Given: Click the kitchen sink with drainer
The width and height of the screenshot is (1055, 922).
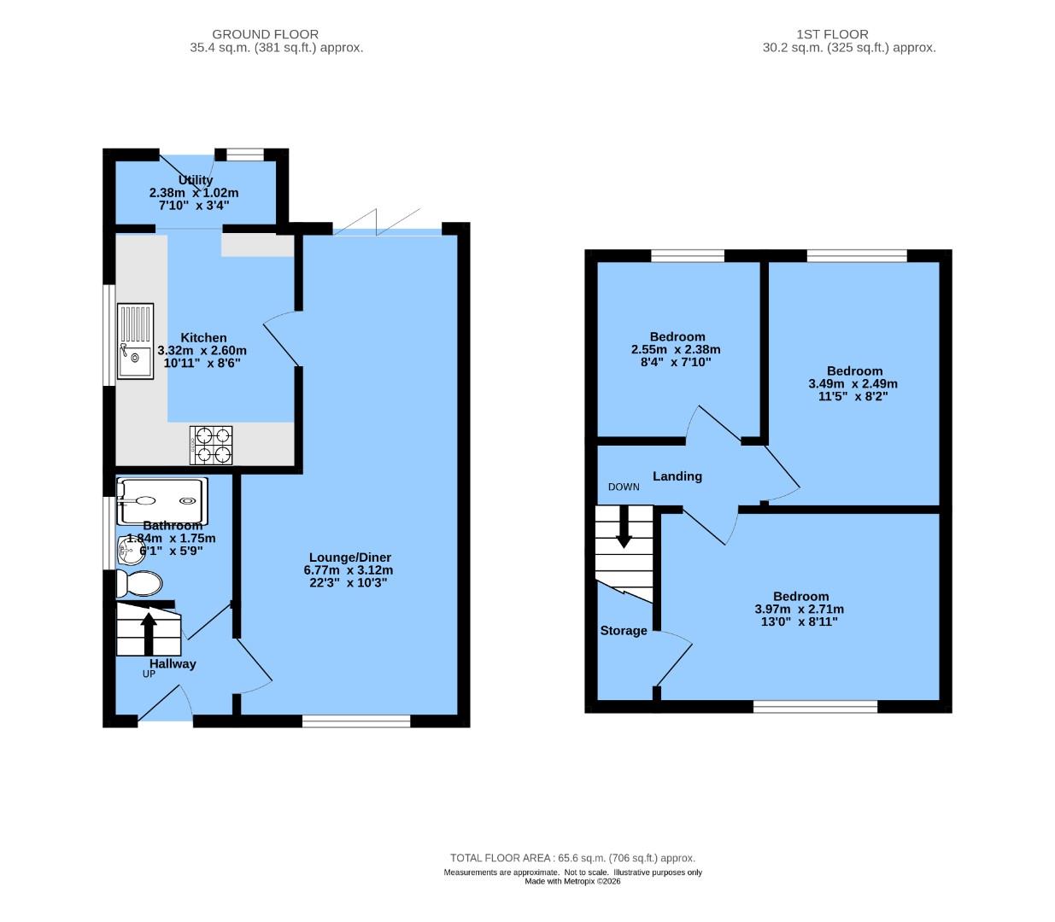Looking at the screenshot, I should click(x=135, y=341).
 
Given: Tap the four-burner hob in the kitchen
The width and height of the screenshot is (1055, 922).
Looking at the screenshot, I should click(x=212, y=445).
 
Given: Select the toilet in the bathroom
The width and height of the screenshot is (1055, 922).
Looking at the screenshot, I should click(x=138, y=585).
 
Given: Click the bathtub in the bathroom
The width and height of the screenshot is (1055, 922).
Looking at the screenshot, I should click(x=161, y=501).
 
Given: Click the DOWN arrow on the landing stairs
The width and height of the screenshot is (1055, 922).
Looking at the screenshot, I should click(x=624, y=527).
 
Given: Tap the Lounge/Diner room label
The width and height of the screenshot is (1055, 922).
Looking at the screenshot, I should click(x=349, y=557).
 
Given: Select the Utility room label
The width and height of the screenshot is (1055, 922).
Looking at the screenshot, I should click(x=196, y=180).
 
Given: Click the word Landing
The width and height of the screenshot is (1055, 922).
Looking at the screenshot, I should click(x=677, y=476).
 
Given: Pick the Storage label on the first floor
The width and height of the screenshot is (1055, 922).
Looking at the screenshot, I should click(x=624, y=631).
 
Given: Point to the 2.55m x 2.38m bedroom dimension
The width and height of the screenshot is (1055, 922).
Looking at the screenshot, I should click(x=676, y=349).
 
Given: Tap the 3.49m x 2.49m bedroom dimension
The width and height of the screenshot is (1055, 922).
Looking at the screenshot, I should click(x=853, y=384).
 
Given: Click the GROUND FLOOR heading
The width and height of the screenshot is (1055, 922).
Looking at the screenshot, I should click(x=265, y=34).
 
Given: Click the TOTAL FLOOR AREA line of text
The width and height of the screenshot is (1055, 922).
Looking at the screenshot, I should click(x=572, y=858).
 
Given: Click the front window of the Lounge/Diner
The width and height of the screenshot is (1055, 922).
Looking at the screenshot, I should click(x=356, y=721).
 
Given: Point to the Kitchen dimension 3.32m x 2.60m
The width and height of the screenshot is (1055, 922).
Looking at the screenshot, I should click(x=202, y=351).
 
